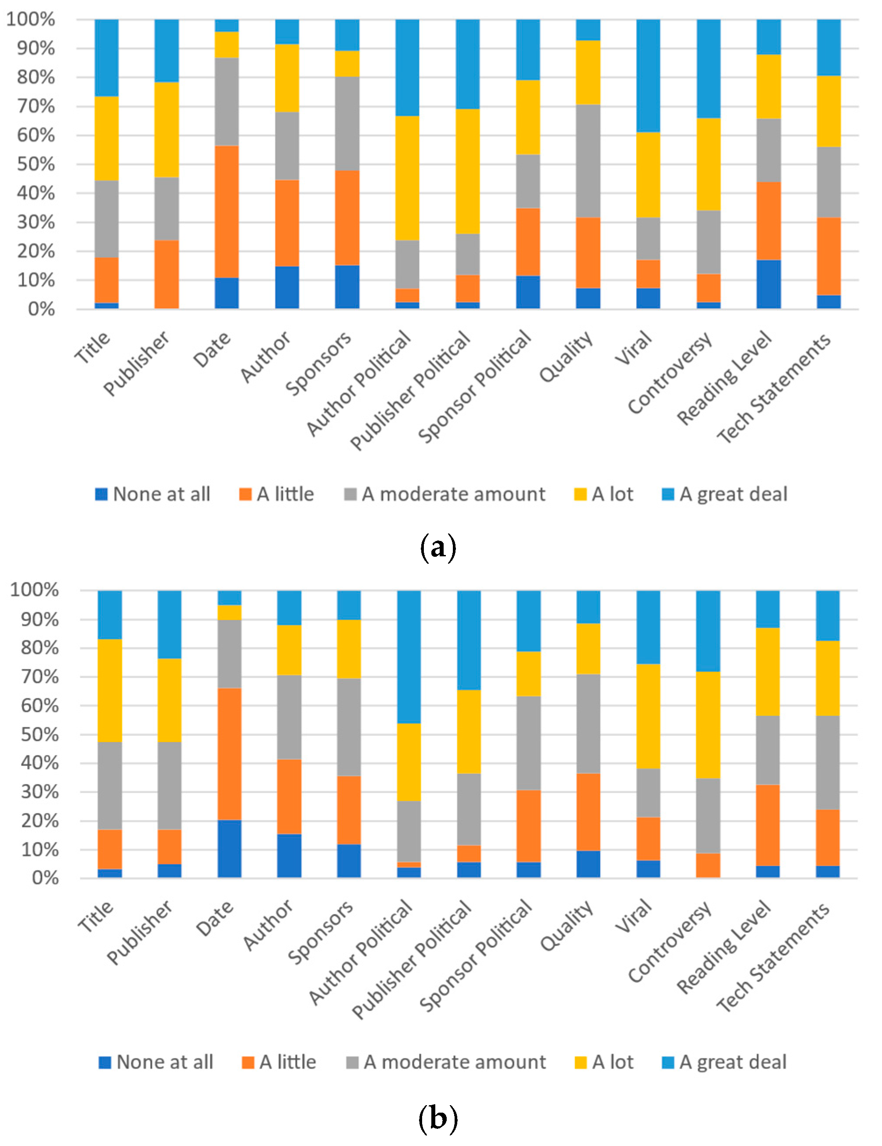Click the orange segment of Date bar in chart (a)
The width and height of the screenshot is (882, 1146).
click(x=227, y=212)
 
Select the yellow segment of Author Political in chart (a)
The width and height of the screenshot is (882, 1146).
click(x=408, y=178)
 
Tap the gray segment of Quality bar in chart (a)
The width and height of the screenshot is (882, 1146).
click(x=588, y=161)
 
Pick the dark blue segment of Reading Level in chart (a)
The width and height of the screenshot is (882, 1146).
click(x=769, y=284)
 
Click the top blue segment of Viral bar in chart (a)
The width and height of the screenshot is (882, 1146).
click(x=648, y=76)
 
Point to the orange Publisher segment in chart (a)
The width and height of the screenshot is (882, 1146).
click(x=166, y=274)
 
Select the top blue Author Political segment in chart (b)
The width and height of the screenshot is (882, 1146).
click(x=409, y=656)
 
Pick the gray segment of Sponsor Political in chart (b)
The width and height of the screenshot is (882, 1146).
click(x=529, y=742)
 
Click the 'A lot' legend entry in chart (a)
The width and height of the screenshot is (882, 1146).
click(x=604, y=494)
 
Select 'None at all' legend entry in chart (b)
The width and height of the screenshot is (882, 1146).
click(x=156, y=1062)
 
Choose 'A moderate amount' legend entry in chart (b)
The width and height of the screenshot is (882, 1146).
click(x=446, y=1062)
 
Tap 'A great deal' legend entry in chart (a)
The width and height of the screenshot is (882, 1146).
click(x=724, y=494)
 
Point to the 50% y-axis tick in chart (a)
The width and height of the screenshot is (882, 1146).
click(x=36, y=164)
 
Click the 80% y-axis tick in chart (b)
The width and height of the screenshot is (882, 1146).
click(x=40, y=648)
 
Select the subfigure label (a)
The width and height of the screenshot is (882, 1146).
click(x=438, y=547)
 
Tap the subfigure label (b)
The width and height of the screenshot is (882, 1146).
click(x=438, y=1118)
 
